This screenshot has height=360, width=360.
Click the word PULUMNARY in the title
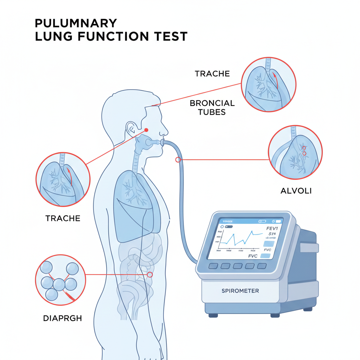pyautogui.click(x=76, y=23)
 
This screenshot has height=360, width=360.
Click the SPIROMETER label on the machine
pyautogui.click(x=240, y=291)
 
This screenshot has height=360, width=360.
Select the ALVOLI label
pyautogui.click(x=296, y=191)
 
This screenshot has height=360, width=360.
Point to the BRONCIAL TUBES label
pyautogui.click(x=212, y=108)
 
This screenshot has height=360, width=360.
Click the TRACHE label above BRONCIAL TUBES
pyautogui.click(x=212, y=74)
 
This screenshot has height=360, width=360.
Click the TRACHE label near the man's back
pyautogui.click(x=63, y=218)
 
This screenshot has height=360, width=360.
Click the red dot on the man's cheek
pyautogui.click(x=147, y=130)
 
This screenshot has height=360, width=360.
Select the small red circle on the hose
pyautogui.click(x=178, y=160)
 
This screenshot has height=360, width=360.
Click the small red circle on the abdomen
pyautogui.click(x=150, y=275)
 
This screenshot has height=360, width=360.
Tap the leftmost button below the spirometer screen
pyautogui.click(x=213, y=266)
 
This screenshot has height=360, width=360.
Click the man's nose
pyautogui.click(x=164, y=132)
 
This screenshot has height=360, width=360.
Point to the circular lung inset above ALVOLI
pyautogui.click(x=295, y=152)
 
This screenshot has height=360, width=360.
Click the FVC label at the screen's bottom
pyautogui.click(x=253, y=256)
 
